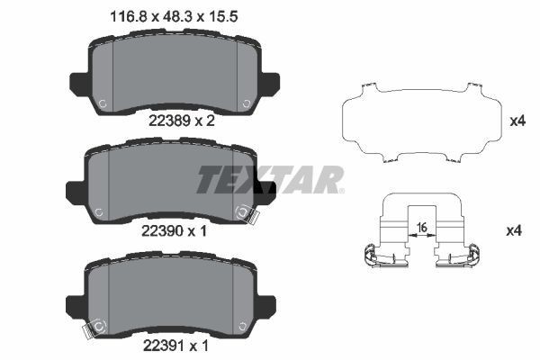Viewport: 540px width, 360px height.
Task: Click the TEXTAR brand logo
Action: (x=269, y=179)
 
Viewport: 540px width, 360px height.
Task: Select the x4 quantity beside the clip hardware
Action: (x=514, y=231)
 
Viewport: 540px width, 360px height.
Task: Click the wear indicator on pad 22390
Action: (x=245, y=214)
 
